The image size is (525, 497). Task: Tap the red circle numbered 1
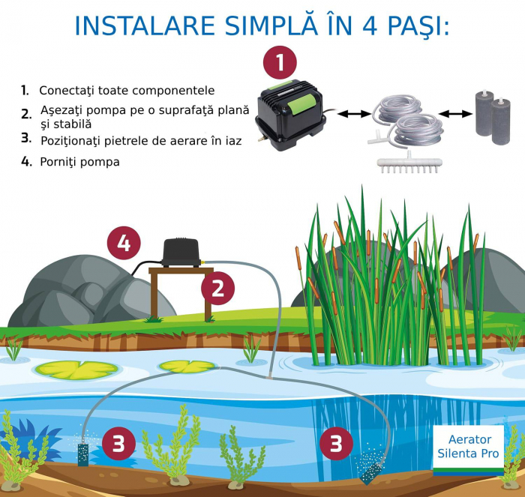pos(279,64)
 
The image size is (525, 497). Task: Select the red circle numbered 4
pos(124,244)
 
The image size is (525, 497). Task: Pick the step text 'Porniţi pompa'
pos(79,161)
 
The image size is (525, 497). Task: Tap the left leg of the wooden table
pos(154,295)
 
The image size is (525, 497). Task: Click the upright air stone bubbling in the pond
pos(82,455)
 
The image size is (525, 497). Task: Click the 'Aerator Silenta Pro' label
pos(469,448)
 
